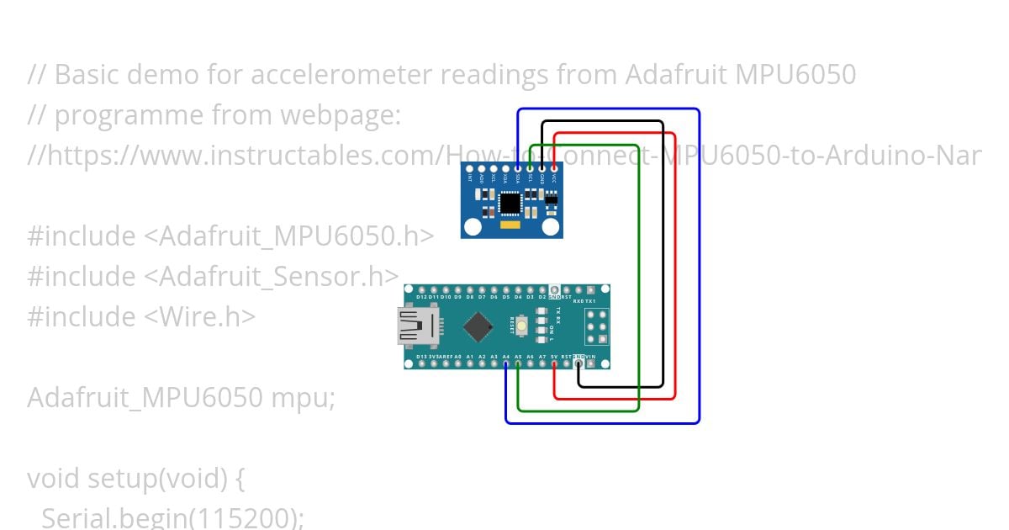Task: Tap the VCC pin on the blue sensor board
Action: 554,169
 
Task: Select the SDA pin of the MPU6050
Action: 518,169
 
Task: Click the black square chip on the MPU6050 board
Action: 510,203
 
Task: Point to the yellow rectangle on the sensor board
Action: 510,225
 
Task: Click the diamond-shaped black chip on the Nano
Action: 478,327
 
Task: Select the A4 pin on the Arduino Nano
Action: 505,363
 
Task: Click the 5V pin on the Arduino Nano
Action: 554,363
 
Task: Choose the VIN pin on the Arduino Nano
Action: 591,363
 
